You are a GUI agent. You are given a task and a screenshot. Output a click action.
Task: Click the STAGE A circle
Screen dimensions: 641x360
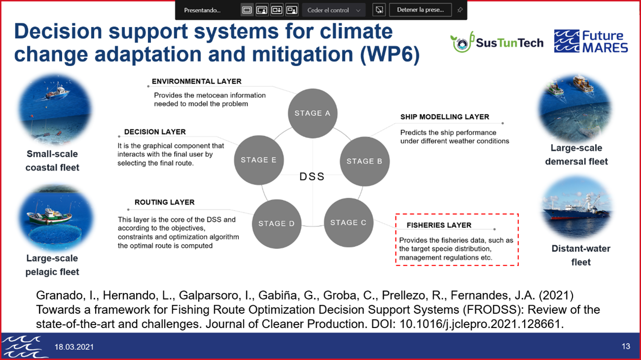pos(312,113)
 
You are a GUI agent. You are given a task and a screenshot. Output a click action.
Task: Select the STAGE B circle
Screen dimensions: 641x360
pos(365,161)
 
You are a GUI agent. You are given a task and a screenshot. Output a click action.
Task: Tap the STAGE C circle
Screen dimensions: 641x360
pos(348,222)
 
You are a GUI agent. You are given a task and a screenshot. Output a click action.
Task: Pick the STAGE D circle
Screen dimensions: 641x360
pos(277,223)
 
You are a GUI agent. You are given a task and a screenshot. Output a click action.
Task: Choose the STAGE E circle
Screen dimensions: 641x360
pos(259,160)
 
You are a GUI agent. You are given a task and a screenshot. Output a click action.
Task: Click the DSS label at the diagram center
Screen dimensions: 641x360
pos(312,177)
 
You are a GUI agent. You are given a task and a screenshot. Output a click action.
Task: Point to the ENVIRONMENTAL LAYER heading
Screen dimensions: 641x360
pos(196,81)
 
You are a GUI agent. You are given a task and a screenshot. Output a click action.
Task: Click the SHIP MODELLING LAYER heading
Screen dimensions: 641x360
pos(445,117)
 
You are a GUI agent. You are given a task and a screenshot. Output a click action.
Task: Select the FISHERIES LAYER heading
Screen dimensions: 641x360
pos(439,225)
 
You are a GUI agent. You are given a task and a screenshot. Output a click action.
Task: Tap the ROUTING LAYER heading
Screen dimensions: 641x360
pos(164,203)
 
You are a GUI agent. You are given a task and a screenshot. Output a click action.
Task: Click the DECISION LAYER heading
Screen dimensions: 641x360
pos(155,132)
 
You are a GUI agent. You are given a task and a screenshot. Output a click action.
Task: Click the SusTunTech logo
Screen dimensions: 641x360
pos(497,42)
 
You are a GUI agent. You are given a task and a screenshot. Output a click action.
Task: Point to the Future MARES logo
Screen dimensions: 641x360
pos(591,41)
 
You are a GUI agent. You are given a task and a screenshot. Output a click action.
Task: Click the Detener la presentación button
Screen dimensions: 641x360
pos(420,10)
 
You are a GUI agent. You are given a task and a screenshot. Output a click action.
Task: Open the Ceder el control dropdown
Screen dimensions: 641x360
pos(334,10)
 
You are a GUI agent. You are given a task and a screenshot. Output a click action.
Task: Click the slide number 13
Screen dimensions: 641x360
pos(626,347)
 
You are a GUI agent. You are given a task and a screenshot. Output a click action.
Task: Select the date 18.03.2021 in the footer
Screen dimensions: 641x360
pos(74,347)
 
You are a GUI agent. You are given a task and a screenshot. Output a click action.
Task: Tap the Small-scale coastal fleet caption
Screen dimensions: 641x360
pos(52,161)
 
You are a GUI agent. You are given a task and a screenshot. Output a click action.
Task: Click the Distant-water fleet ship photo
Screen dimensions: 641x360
pos(577,208)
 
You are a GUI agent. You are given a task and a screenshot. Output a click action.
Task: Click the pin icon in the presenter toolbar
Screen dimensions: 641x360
pos(460,10)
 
